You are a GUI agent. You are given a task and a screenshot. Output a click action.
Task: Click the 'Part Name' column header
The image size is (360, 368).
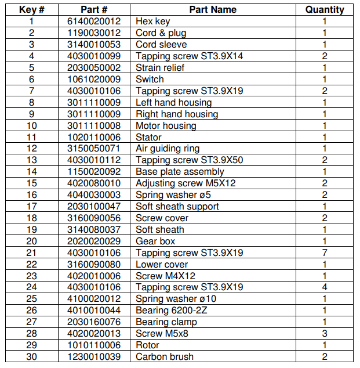click(x=213, y=9)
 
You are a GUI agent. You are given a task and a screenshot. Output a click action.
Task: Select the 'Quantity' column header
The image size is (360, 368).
click(x=325, y=9)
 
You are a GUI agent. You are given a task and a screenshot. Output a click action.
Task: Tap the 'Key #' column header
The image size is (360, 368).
click(x=31, y=9)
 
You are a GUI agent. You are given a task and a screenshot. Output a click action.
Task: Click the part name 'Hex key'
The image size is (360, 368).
click(x=152, y=21)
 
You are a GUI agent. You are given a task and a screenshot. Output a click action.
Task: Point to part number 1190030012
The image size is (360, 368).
click(x=94, y=33)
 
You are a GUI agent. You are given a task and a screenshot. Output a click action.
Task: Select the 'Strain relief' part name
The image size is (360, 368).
click(x=160, y=68)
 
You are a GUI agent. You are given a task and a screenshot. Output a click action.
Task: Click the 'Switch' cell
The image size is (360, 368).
click(x=150, y=80)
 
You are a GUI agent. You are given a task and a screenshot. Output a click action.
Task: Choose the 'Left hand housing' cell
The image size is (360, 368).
click(x=173, y=103)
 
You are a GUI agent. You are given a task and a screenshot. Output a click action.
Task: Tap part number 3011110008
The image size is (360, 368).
click(x=94, y=125)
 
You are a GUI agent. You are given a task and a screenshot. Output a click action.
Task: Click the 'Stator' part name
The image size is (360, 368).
click(x=148, y=137)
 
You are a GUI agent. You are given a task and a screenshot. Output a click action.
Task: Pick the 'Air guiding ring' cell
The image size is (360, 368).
click(x=168, y=149)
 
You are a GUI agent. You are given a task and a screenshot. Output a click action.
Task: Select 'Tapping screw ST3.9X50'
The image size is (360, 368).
click(x=190, y=160)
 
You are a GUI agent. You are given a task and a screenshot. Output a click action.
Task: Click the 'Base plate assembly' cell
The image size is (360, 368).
click(x=180, y=172)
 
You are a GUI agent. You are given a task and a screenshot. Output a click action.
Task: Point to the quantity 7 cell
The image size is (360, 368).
click(x=325, y=252)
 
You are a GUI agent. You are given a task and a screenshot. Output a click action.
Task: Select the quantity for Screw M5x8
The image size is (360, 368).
click(x=325, y=333)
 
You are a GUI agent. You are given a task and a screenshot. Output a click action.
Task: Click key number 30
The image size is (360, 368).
click(x=31, y=356)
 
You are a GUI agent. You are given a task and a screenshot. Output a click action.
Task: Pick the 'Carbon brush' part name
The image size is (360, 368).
click(x=165, y=356)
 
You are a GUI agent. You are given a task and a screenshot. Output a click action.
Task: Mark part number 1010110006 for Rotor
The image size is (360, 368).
click(x=94, y=345)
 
